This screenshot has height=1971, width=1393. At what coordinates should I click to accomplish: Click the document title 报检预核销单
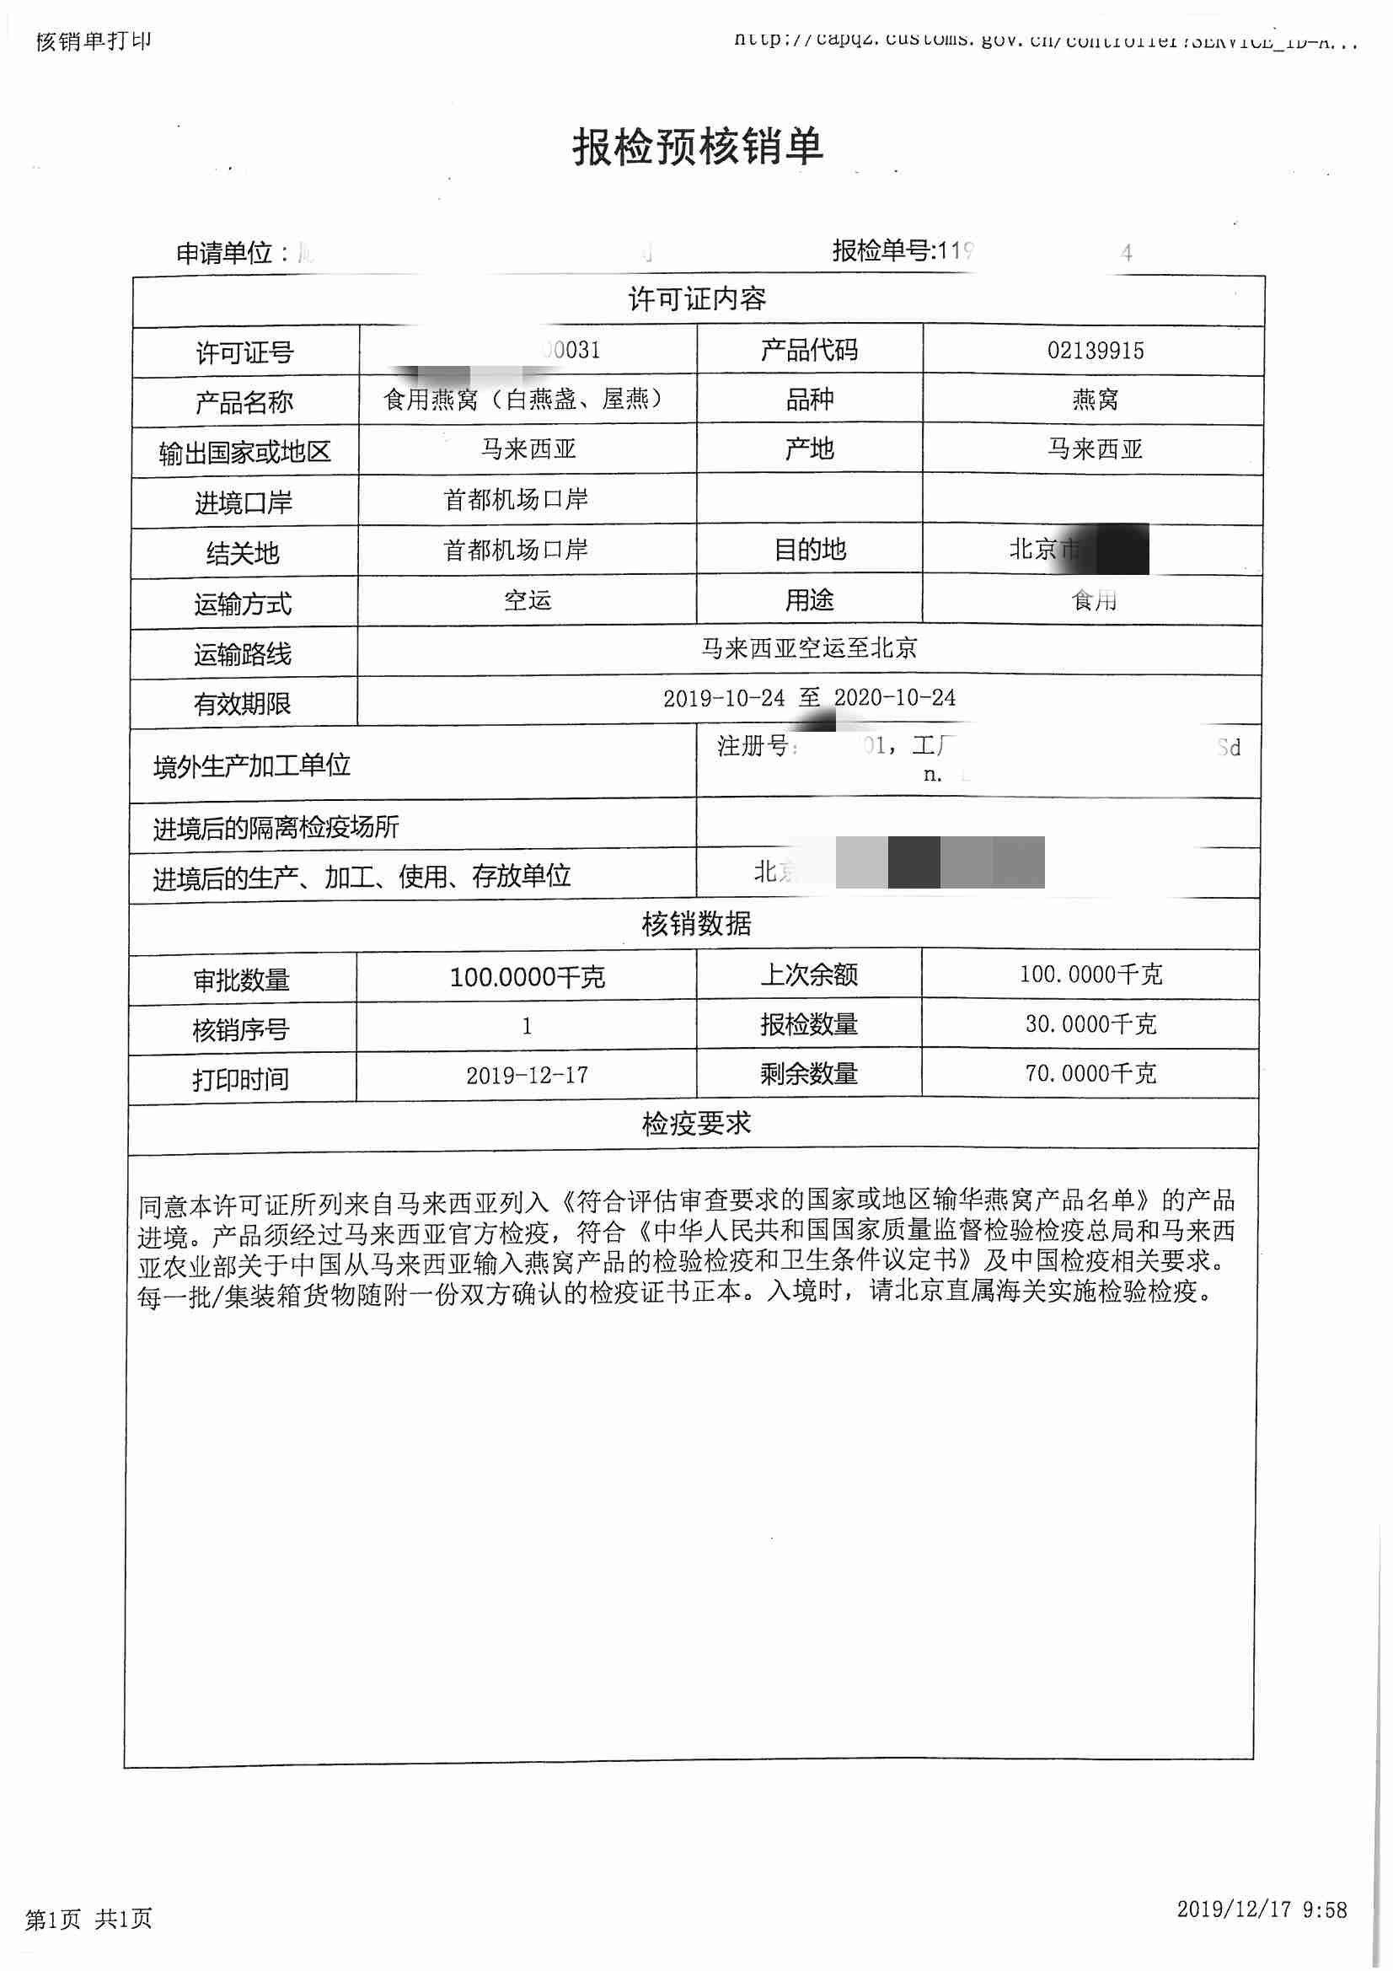pyautogui.click(x=697, y=147)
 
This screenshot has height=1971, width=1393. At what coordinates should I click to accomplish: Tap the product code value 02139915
pyautogui.click(x=1095, y=350)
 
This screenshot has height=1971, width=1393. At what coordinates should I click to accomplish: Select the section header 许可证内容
pyautogui.click(x=697, y=299)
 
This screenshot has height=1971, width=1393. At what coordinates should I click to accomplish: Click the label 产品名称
pyautogui.click(x=244, y=402)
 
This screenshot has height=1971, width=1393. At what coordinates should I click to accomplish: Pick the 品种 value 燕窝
pyautogui.click(x=1095, y=400)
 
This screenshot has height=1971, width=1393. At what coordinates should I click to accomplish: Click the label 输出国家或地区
pyautogui.click(x=244, y=453)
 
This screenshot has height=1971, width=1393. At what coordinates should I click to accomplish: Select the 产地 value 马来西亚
pyautogui.click(x=1095, y=449)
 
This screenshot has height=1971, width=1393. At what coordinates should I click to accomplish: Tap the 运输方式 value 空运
pyautogui.click(x=527, y=600)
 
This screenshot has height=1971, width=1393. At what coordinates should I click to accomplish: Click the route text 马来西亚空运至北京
pyautogui.click(x=808, y=648)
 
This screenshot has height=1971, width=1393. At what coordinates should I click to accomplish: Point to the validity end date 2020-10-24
pyautogui.click(x=894, y=698)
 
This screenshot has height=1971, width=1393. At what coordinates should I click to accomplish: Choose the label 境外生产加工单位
pyautogui.click(x=251, y=765)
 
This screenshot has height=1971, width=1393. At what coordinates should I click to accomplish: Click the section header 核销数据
pyautogui.click(x=696, y=925)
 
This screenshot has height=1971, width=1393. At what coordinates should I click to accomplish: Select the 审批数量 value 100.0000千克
pyautogui.click(x=527, y=977)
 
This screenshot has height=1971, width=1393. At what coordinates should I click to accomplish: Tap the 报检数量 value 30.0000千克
pyautogui.click(x=1090, y=1024)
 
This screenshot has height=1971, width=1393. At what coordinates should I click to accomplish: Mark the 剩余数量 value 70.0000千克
pyautogui.click(x=1090, y=1074)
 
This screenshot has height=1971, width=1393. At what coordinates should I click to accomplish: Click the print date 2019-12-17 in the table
pyautogui.click(x=527, y=1076)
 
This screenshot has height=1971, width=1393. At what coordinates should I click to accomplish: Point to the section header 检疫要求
pyautogui.click(x=696, y=1124)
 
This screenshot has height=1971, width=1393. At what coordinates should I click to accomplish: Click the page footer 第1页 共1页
pyautogui.click(x=88, y=1919)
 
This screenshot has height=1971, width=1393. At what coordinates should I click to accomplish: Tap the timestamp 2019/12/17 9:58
pyautogui.click(x=1262, y=1909)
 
